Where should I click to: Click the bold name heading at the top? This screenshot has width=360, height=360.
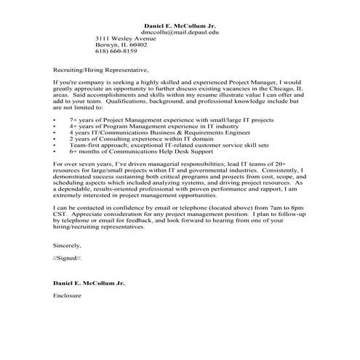click(180, 25)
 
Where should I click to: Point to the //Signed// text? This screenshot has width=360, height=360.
click(68, 258)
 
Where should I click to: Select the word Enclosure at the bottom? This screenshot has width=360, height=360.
click(68, 296)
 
